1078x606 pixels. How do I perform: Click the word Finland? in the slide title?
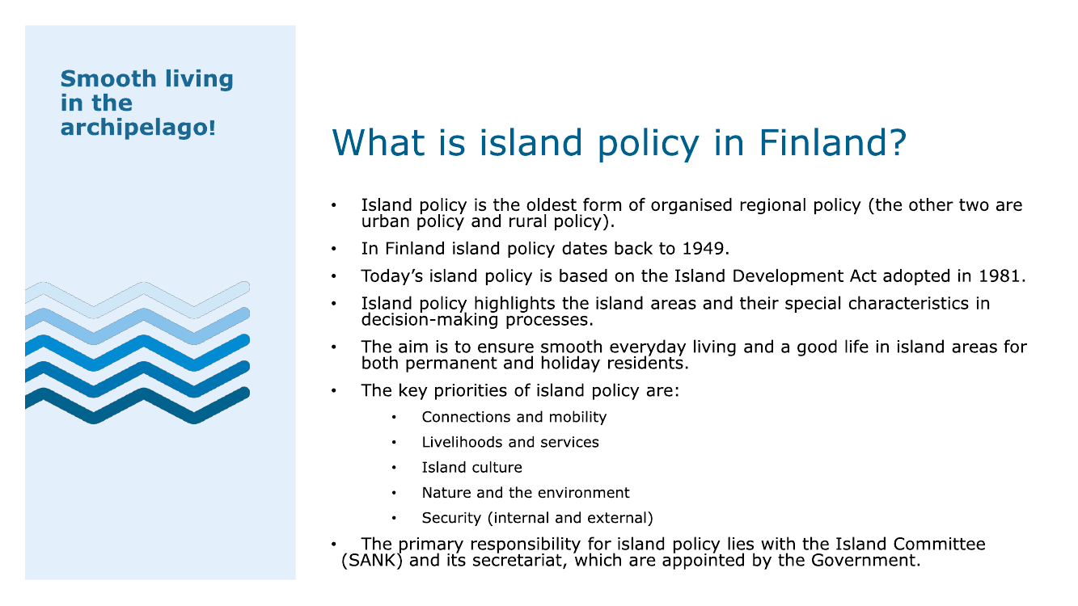pyautogui.click(x=833, y=143)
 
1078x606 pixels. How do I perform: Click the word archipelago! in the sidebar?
pyautogui.click(x=137, y=128)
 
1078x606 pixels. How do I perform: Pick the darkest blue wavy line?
pyautogui.click(x=137, y=406)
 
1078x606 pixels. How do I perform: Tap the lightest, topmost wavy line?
pyautogui.click(x=137, y=300)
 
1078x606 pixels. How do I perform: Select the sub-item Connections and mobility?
pyautogui.click(x=514, y=417)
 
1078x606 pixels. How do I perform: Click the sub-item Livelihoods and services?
pyautogui.click(x=510, y=442)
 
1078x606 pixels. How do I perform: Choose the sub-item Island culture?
pyautogui.click(x=471, y=468)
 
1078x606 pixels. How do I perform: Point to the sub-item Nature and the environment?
pyautogui.click(x=526, y=493)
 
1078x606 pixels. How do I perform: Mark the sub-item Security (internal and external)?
pyautogui.click(x=537, y=518)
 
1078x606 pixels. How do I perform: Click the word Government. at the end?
pyautogui.click(x=865, y=560)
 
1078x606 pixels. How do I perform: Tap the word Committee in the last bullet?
pyautogui.click(x=939, y=544)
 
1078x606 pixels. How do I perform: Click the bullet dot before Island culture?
pyautogui.click(x=394, y=468)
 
